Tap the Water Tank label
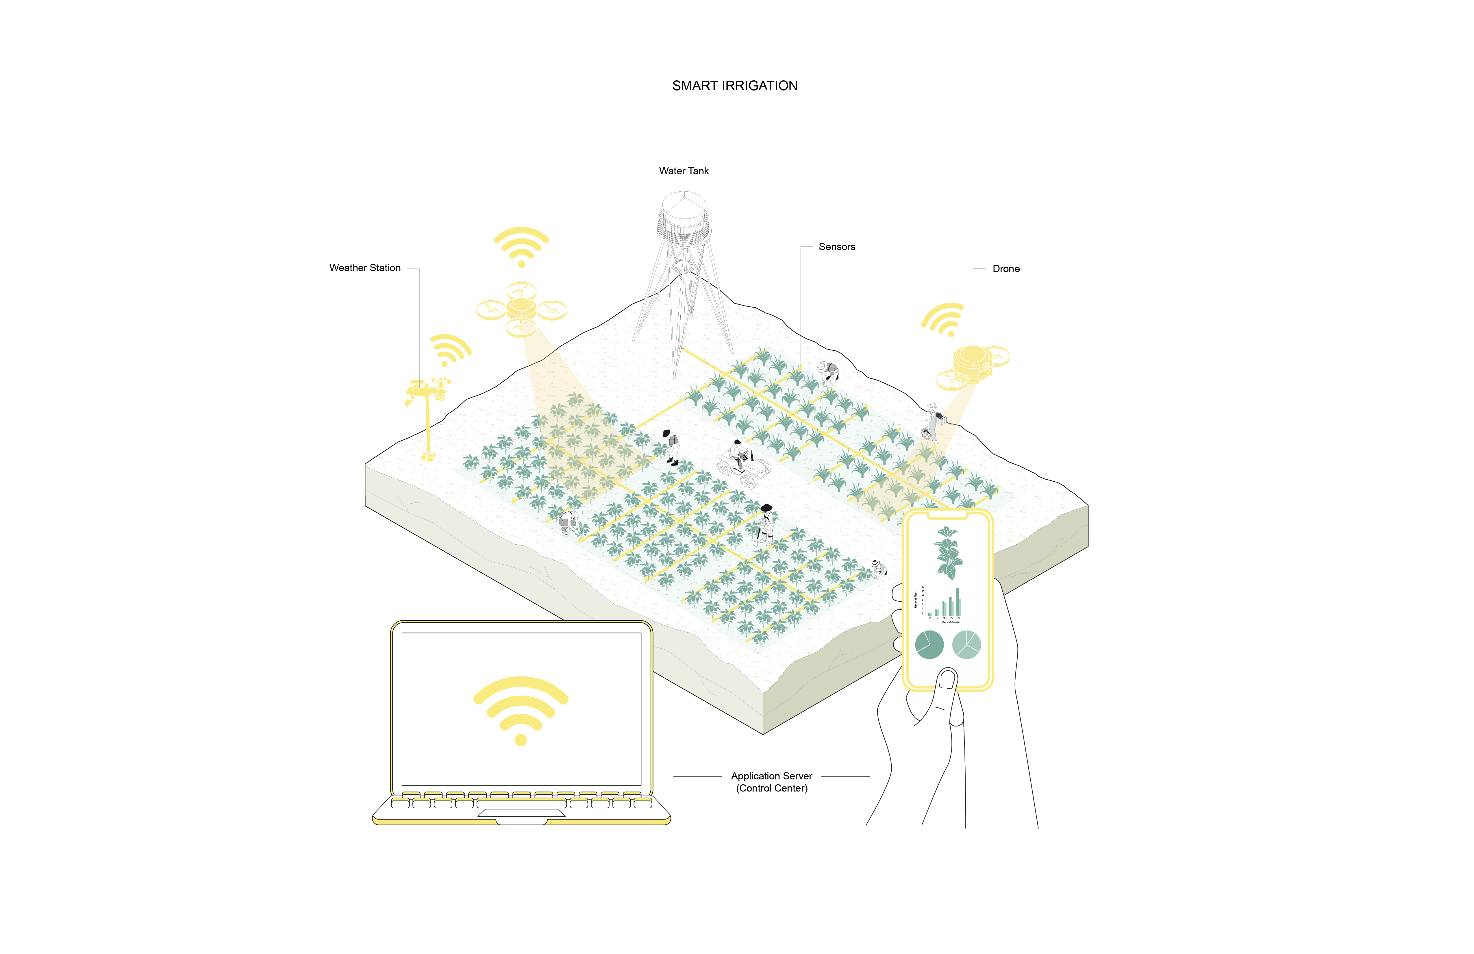tap(684, 171)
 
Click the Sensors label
tap(837, 247)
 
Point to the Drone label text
tap(1006, 269)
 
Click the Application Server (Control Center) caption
tap(772, 782)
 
